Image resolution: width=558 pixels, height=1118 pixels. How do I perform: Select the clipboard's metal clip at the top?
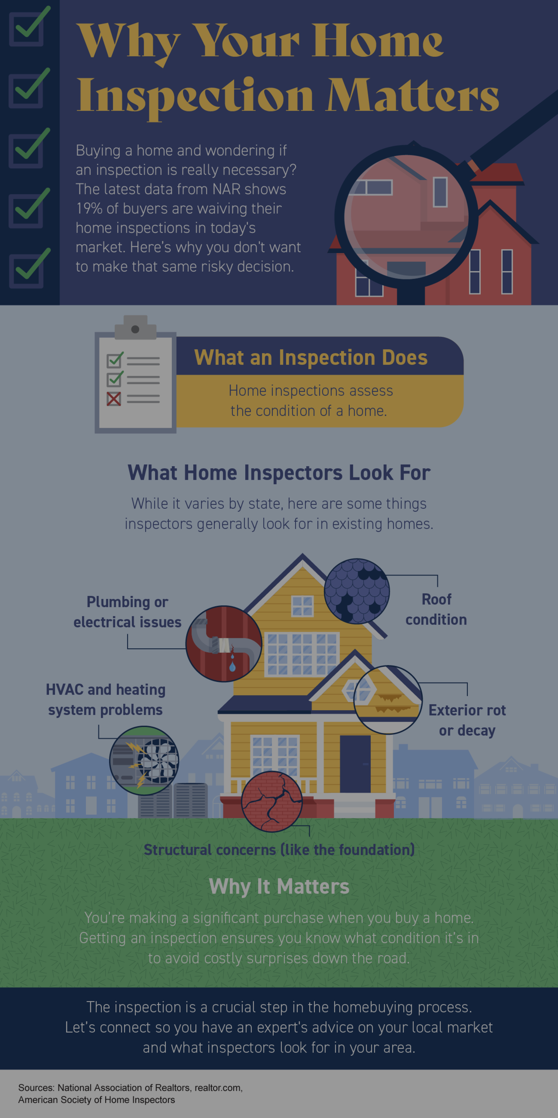(135, 328)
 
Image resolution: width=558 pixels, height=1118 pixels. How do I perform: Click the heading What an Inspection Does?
(311, 358)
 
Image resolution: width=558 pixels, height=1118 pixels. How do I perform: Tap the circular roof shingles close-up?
(357, 591)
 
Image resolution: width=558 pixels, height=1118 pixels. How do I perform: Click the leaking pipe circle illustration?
(224, 644)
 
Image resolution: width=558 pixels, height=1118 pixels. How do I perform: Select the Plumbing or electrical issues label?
(127, 612)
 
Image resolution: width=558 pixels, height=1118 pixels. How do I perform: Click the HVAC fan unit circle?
(144, 760)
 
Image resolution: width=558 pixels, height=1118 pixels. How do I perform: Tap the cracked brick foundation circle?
(272, 801)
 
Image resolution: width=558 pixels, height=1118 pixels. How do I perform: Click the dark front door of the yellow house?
(355, 764)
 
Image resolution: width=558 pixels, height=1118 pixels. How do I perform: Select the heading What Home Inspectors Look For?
(279, 473)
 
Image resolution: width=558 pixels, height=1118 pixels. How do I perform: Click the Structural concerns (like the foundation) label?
(279, 850)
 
